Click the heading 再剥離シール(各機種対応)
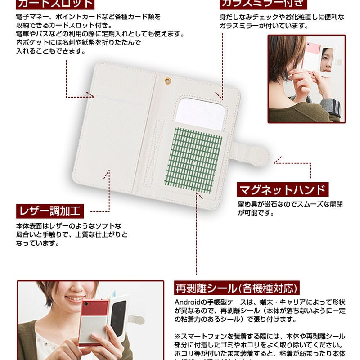237,288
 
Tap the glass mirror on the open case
200,114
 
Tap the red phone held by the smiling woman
94,321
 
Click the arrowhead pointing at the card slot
92,95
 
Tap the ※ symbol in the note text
178,337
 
